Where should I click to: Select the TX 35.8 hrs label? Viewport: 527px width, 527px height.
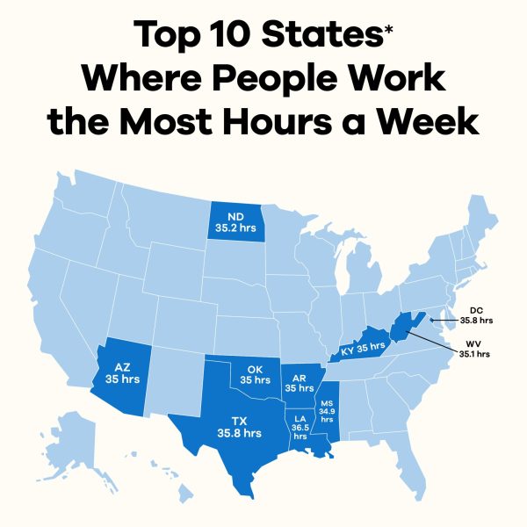(x=239, y=426)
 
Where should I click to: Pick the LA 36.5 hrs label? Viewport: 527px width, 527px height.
(x=300, y=426)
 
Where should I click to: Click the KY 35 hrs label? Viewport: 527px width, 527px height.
(x=362, y=349)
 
